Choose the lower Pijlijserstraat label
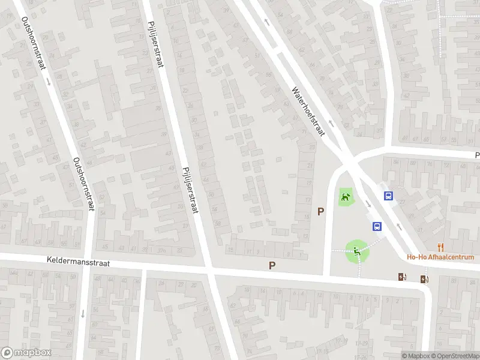[190, 189]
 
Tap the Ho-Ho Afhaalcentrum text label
[440, 257]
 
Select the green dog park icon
[345, 196]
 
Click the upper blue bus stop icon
[389, 196]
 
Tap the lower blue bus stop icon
[377, 226]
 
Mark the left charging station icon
[401, 277]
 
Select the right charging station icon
[425, 278]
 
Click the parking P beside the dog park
[321, 211]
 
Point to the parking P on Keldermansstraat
[272, 265]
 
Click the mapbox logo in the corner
[26, 353]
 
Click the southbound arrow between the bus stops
[368, 204]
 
